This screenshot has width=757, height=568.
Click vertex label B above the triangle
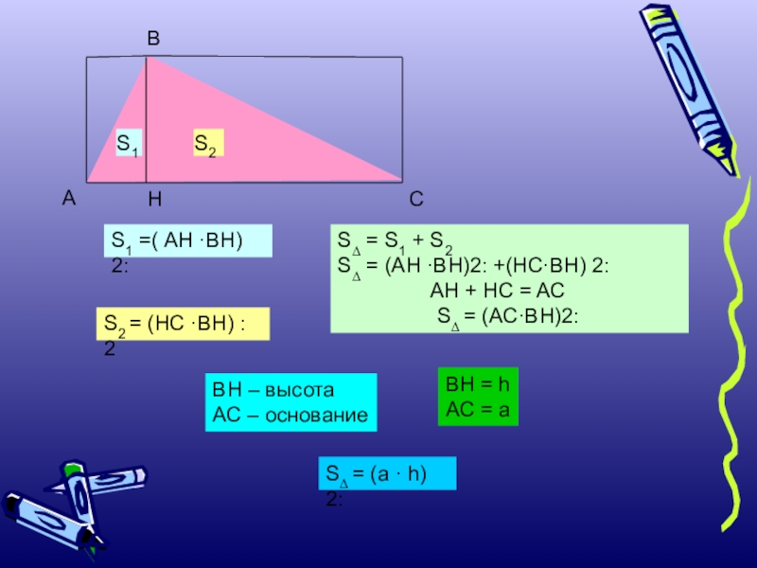coord(153,40)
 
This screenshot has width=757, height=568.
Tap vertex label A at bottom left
coord(68,199)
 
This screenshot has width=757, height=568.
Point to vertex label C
coord(416,200)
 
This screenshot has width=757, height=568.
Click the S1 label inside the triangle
coord(128,144)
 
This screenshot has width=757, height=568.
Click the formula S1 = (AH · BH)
coord(186,241)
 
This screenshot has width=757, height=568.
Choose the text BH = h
coord(478,385)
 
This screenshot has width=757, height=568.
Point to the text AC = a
coord(478,409)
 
